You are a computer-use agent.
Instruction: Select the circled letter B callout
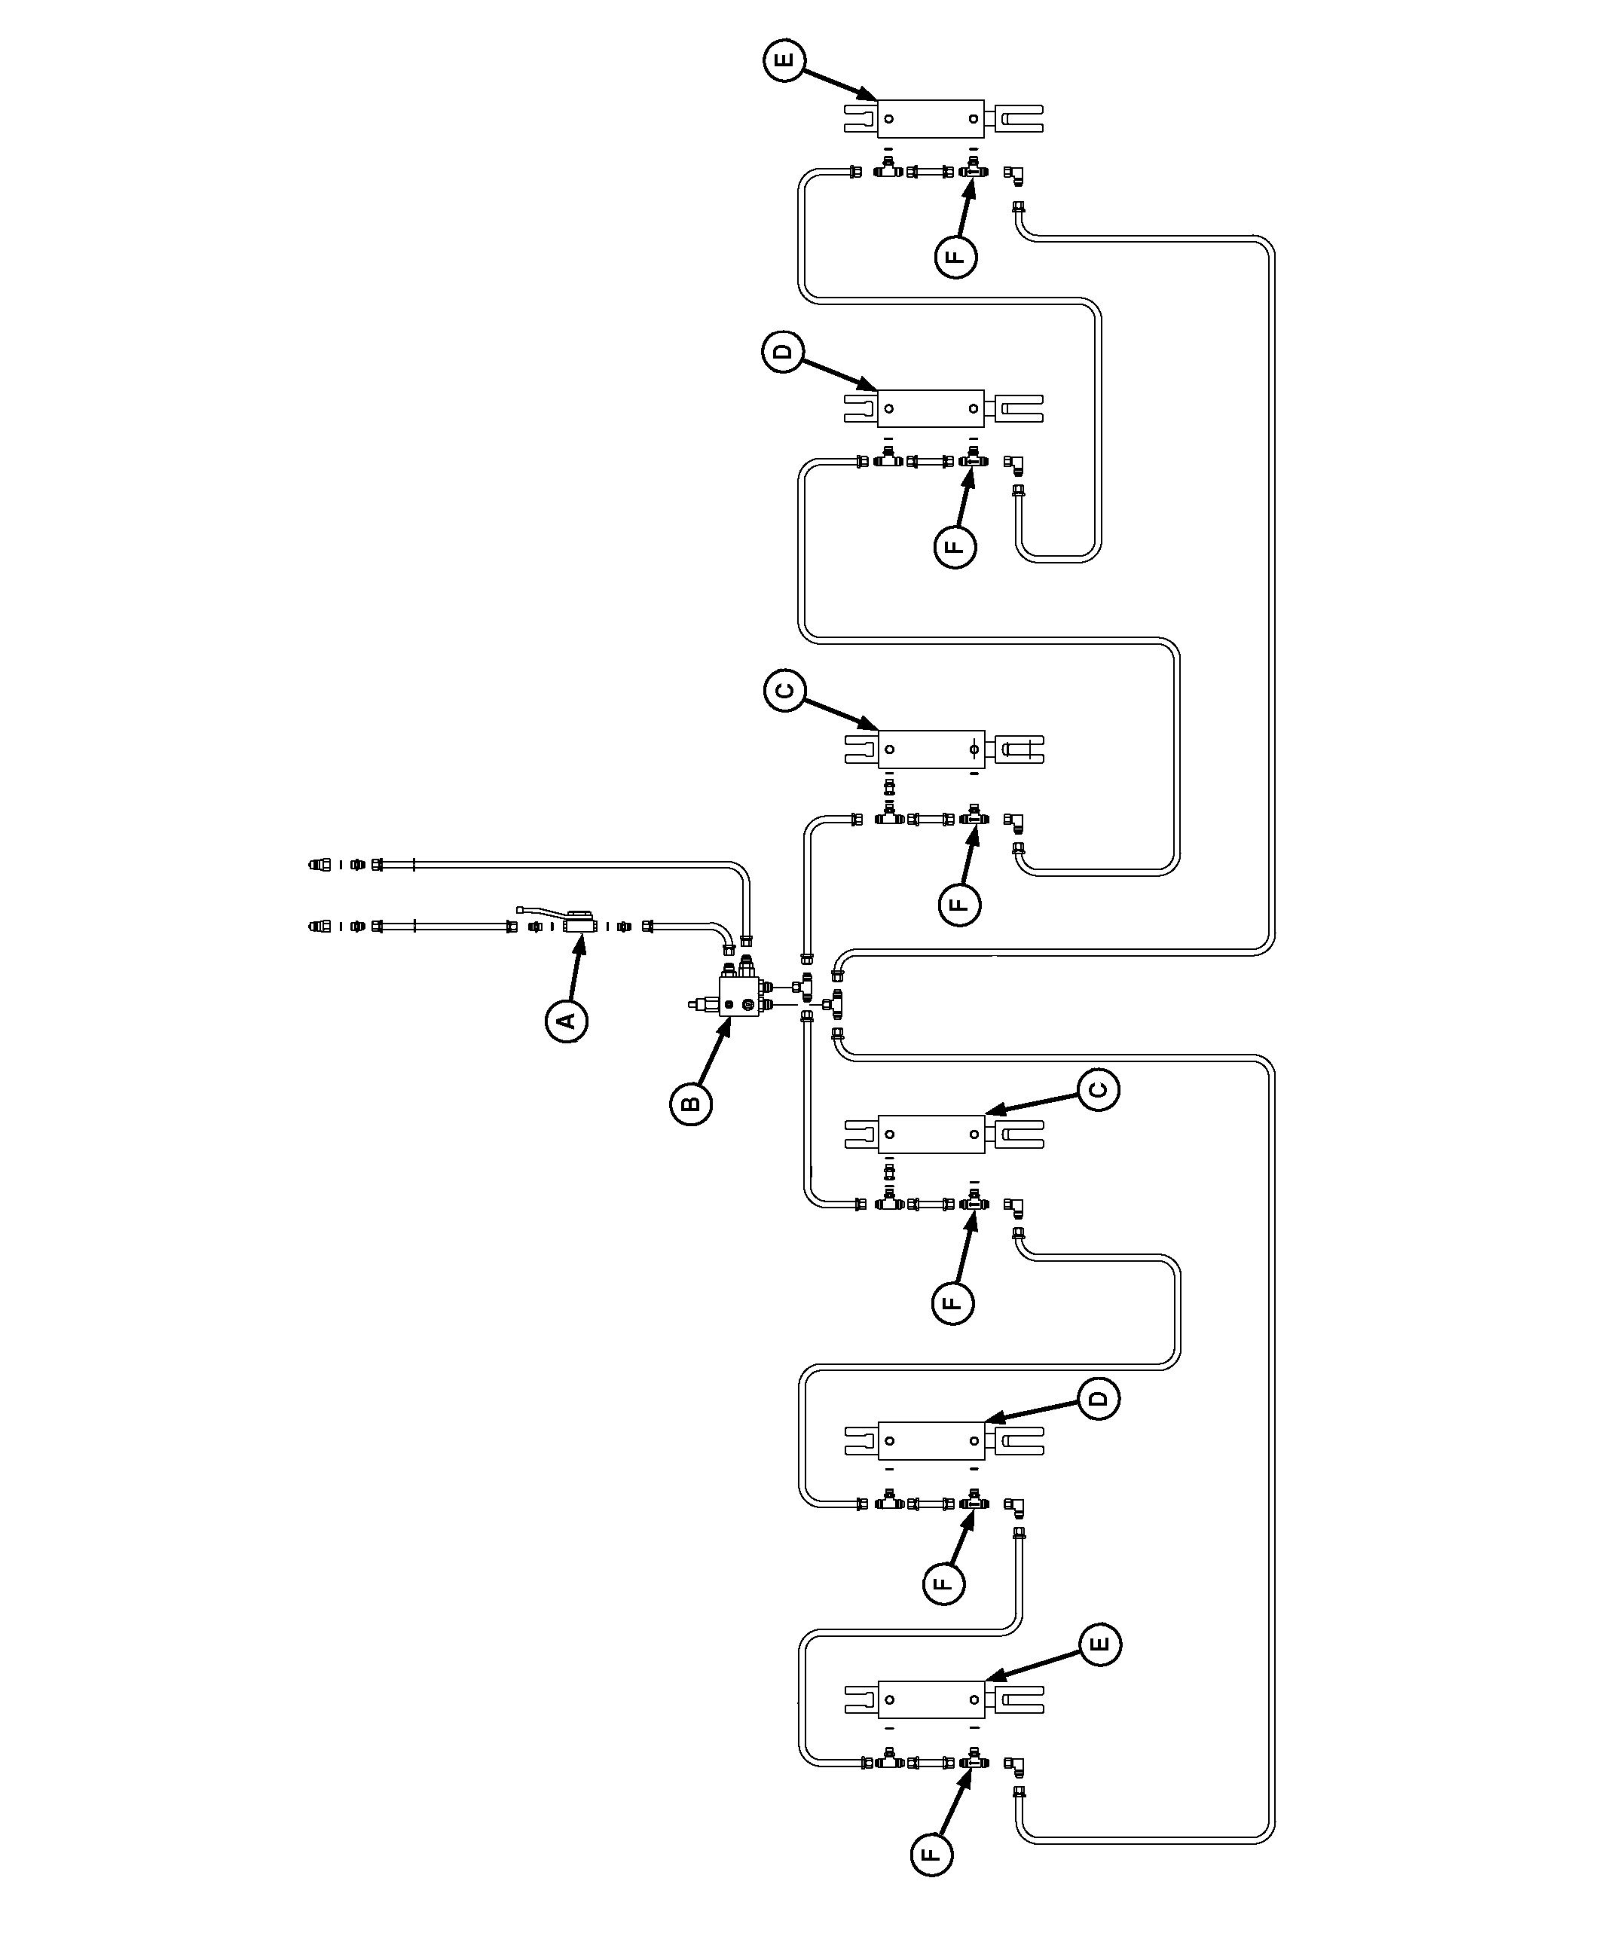coord(691,1104)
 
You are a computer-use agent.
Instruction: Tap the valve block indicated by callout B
coord(739,997)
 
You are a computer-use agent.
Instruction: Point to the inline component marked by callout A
coord(580,924)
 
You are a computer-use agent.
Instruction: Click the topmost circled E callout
coord(785,61)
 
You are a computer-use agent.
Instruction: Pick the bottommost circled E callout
coord(1099,1644)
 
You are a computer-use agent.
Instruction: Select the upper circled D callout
coord(784,352)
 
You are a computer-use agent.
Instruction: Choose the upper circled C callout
coord(785,691)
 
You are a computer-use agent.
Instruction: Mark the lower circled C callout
coord(1097,1089)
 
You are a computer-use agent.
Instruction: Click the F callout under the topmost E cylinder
coord(956,256)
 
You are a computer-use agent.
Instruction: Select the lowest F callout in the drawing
coord(931,1854)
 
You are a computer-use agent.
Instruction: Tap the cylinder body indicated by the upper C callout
coord(930,749)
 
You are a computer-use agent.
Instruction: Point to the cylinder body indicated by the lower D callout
coord(930,1440)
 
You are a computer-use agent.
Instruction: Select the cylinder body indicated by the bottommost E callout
coord(930,1699)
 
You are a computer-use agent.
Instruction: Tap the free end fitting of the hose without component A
coord(319,865)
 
